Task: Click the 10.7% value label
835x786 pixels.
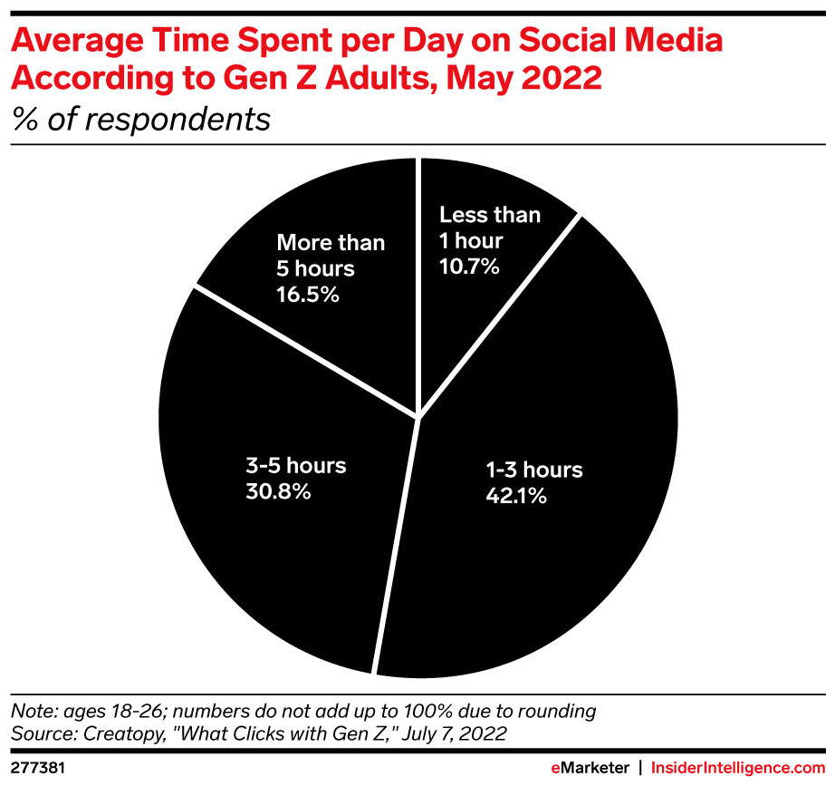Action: coord(470,267)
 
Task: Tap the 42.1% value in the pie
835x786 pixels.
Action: coord(515,496)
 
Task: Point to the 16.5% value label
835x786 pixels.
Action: coord(308,295)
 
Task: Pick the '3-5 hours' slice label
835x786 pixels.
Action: coord(296,466)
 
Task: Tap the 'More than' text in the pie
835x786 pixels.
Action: coord(331,243)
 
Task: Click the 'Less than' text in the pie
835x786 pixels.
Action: coord(489,216)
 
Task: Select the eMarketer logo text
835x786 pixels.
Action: coord(590,767)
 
